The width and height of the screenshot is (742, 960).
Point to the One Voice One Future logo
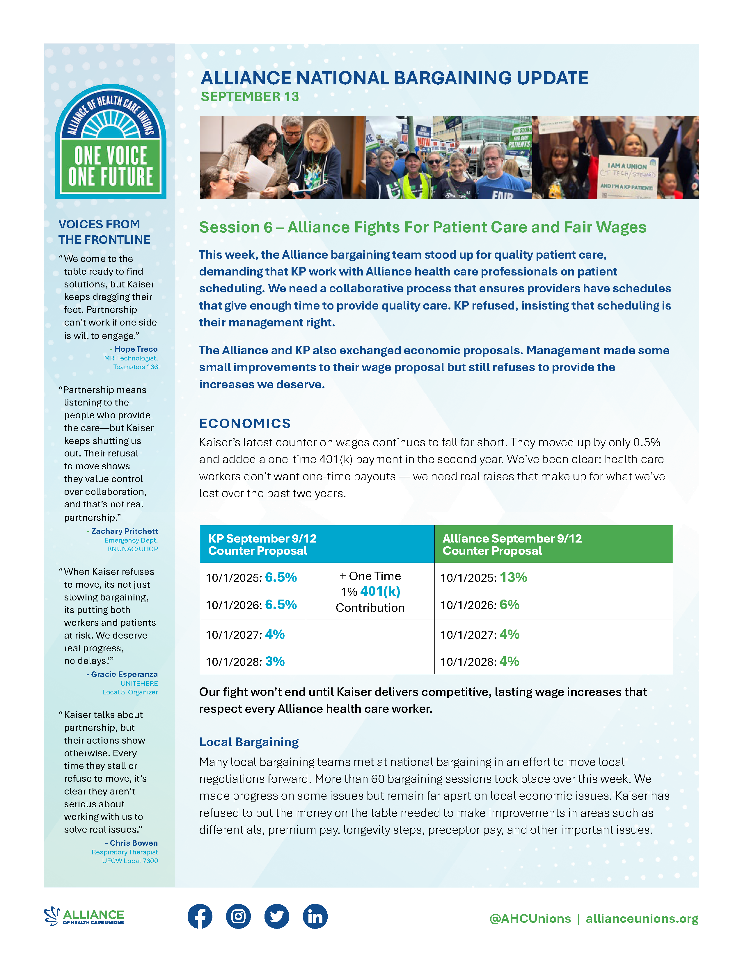111,142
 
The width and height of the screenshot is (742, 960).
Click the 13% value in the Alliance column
513,577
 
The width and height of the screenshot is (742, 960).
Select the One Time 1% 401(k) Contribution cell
370,592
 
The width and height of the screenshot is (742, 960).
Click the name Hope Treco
136,349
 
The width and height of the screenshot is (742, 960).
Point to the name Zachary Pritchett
125,531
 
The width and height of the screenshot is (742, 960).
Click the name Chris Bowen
134,843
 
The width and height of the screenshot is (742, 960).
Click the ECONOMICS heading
245,423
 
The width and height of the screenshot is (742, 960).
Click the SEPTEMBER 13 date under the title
250,97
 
